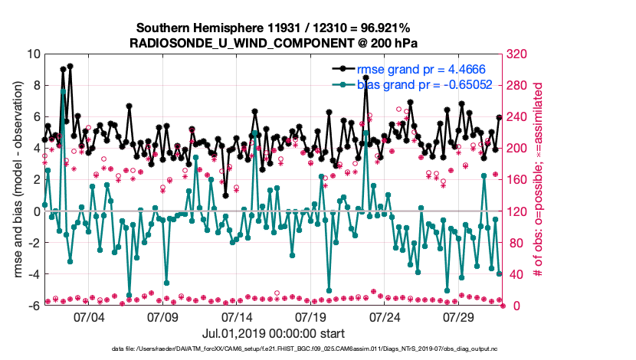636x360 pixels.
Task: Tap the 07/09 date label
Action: pos(162,316)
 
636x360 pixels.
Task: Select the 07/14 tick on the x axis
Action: pos(237,316)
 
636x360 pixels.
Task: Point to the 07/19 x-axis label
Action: pos(311,316)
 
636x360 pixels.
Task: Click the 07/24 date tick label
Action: pos(385,316)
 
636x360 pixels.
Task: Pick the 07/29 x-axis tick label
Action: pos(460,316)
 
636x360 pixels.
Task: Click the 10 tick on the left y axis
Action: pos(34,54)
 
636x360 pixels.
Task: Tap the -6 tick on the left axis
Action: pos(34,306)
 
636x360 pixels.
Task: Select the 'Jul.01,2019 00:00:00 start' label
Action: pos(273,333)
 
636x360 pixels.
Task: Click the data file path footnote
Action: pos(316,349)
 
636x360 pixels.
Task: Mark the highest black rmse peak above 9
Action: pos(70,66)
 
